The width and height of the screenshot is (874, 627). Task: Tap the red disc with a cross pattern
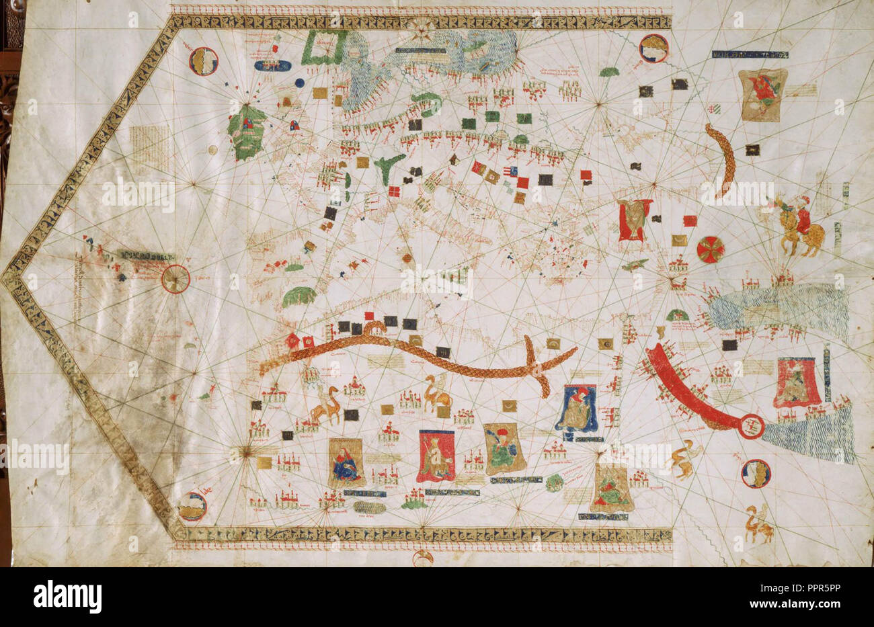[710, 249]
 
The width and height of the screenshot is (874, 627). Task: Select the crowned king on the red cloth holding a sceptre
[436, 456]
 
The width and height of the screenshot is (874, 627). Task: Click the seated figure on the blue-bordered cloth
[577, 408]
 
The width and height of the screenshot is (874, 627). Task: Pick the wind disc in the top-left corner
[204, 61]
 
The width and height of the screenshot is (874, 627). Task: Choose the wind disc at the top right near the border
[653, 48]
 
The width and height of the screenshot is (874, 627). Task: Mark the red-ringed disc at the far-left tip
[175, 278]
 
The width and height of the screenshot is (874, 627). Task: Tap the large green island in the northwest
[245, 132]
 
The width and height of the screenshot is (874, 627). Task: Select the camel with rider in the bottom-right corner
[758, 524]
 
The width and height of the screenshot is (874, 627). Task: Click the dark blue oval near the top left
[273, 66]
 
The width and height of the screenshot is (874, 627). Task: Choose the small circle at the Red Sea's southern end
[752, 425]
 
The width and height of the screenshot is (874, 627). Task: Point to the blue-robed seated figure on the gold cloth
[347, 462]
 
